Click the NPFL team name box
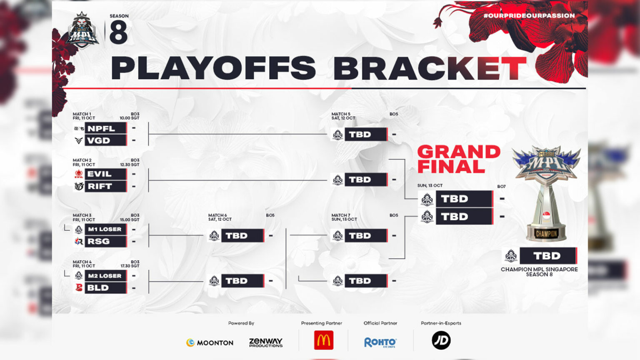coord(105,128)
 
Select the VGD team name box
coord(105,140)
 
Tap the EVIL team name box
coord(105,174)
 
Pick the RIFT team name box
coord(105,186)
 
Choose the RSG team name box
coord(105,241)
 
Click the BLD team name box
coord(105,288)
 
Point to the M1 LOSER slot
coord(105,229)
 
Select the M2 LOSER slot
coord(105,276)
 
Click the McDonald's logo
coord(324,340)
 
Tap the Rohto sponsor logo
coord(380,342)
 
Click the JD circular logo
coord(441,340)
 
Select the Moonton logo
coord(210,343)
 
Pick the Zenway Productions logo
coord(266,342)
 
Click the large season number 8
coord(118,32)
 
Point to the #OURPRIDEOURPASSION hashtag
coord(529,16)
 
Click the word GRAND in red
coord(459,152)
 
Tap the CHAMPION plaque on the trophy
coord(546,234)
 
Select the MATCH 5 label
coord(341,114)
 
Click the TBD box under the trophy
coord(548,256)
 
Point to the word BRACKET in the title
coord(430,68)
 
